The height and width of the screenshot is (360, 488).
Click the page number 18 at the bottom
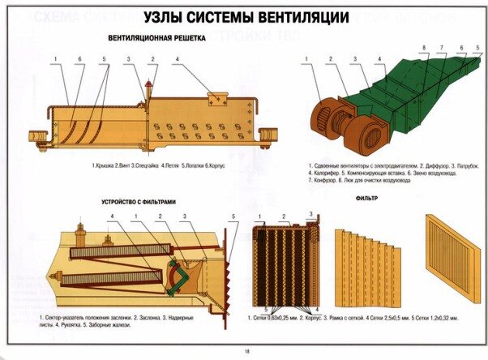[x=246, y=351]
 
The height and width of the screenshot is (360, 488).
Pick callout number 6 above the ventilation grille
[x=79, y=60]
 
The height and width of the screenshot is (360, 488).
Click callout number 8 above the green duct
[x=423, y=49]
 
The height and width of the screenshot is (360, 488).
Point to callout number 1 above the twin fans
[x=306, y=59]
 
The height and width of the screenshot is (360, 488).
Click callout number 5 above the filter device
[x=233, y=216]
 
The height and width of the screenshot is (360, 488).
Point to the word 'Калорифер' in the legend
[x=328, y=172]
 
